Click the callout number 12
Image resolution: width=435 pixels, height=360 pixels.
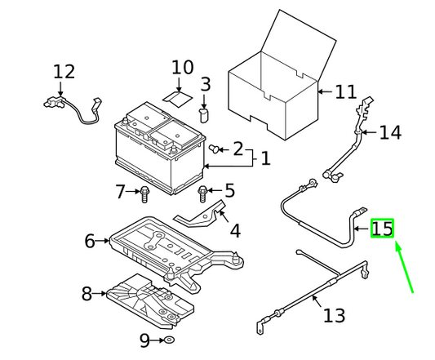(x=64, y=72)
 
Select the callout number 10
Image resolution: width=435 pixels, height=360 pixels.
(x=183, y=68)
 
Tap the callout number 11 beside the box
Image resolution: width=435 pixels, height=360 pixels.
(x=345, y=92)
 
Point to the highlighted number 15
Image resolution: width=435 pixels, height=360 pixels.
(x=382, y=229)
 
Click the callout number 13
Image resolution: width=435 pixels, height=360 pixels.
(x=335, y=315)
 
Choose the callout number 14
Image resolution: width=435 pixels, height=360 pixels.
(x=390, y=133)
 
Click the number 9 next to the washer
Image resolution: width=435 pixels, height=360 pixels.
(x=144, y=340)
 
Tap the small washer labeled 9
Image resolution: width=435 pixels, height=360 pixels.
(x=169, y=340)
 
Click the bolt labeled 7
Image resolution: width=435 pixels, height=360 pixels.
(x=144, y=194)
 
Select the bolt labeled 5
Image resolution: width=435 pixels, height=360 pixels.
(x=202, y=194)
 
